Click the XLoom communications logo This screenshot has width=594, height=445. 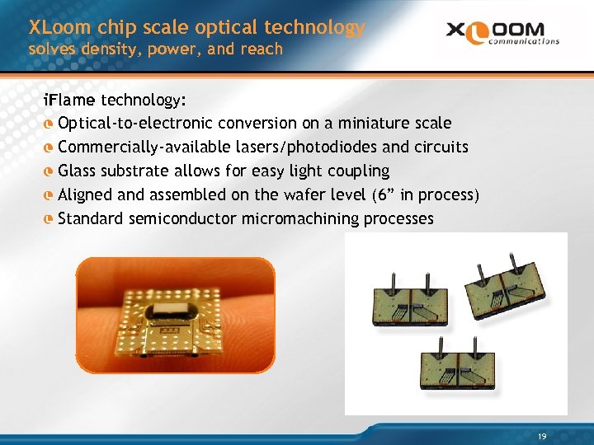[502, 34]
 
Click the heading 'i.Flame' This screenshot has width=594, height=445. [70, 101]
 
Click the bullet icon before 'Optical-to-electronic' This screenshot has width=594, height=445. [49, 124]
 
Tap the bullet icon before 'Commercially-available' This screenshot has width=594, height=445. [49, 148]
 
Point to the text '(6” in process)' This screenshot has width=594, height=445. [423, 195]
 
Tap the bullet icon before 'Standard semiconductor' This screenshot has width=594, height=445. [49, 219]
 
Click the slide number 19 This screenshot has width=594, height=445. [541, 435]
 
